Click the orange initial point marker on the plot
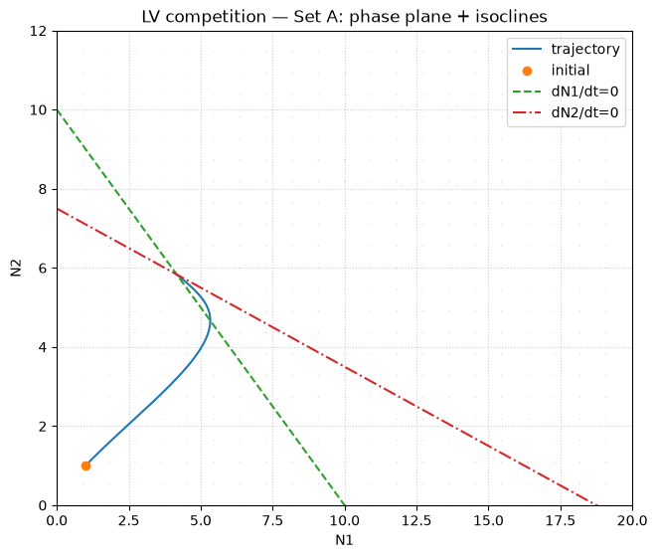85,465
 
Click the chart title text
345,17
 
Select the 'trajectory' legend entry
566,49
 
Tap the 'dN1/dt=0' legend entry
566,92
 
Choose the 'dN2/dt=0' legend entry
566,112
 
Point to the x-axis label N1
345,540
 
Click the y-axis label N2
16,268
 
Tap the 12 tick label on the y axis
38,31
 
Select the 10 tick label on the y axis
38,110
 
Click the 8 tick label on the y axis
43,189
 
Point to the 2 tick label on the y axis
43,427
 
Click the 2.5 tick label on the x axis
129,520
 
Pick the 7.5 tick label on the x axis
272,520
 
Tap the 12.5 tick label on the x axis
416,520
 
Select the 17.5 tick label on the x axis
561,520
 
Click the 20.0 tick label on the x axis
632,520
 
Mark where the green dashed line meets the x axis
345,505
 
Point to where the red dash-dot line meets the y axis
57,209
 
